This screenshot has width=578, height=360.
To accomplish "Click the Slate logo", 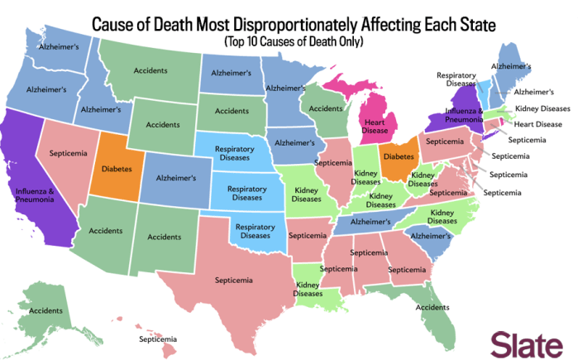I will pos(529,342).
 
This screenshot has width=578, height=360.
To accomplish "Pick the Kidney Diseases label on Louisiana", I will pos(308,289).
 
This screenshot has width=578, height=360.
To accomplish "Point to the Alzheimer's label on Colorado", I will pos(174,178).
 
